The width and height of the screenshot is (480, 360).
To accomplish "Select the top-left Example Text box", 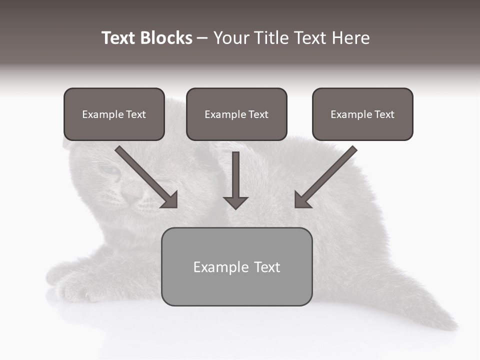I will pos(114,114).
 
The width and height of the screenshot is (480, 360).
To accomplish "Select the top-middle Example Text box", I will pos(236,114).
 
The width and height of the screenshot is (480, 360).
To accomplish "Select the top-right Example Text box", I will pos(362,114).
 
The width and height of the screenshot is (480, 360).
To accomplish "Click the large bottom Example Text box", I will pos(236,266).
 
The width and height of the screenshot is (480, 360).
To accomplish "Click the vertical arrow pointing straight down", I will pos(235,180).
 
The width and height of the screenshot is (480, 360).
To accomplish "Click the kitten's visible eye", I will pos(110,170).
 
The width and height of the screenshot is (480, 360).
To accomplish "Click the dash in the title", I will pos(202,38).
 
